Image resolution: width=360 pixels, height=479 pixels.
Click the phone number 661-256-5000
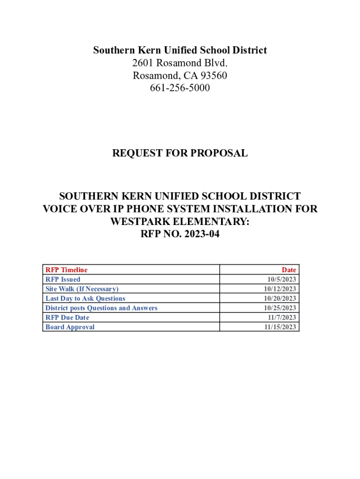pyautogui.click(x=180, y=88)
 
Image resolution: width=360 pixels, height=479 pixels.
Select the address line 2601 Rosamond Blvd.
pyautogui.click(x=180, y=63)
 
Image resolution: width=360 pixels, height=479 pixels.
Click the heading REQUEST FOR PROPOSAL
pyautogui.click(x=180, y=153)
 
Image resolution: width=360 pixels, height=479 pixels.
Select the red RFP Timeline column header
pyautogui.click(x=66, y=270)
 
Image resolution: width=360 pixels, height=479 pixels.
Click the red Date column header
pyautogui.click(x=289, y=270)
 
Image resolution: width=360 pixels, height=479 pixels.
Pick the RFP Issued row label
pyautogui.click(x=63, y=279)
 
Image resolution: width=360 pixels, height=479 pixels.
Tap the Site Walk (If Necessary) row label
pyautogui.click(x=82, y=289)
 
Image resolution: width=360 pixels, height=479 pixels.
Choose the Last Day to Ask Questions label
pyautogui.click(x=85, y=298)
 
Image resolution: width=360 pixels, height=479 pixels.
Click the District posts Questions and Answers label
pyautogui.click(x=101, y=308)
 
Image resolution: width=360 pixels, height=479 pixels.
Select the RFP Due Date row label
pyautogui.click(x=67, y=318)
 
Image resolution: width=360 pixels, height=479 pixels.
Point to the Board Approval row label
pyautogui.click(x=70, y=327)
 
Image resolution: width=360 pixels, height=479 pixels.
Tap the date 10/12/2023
pyautogui.click(x=280, y=289)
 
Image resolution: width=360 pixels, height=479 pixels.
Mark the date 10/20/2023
pyautogui.click(x=280, y=298)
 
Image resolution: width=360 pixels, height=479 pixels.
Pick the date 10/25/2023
pyautogui.click(x=280, y=308)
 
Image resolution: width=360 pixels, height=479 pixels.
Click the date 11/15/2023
pyautogui.click(x=280, y=327)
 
